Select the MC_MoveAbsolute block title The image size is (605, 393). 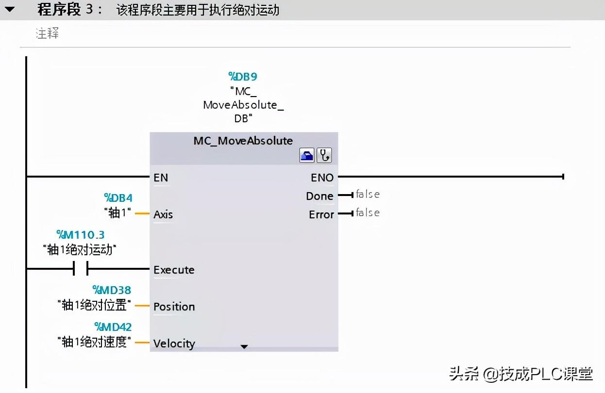click(x=243, y=141)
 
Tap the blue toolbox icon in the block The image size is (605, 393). click(x=307, y=156)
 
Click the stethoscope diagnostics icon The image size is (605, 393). click(x=324, y=156)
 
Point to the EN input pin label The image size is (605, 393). click(x=161, y=178)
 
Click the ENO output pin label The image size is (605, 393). click(x=322, y=178)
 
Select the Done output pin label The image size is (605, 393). click(x=319, y=196)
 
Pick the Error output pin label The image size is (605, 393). click(x=321, y=214)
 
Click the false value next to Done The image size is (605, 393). click(x=368, y=195)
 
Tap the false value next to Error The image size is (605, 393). click(x=368, y=213)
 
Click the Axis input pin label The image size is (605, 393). click(x=163, y=214)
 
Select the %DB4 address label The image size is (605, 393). click(x=118, y=198)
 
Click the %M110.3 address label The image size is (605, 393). click(x=80, y=235)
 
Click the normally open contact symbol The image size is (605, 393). click(x=81, y=268)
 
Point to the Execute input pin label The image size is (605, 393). click(x=174, y=270)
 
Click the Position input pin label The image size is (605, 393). click(x=174, y=307)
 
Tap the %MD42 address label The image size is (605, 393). click(x=113, y=327)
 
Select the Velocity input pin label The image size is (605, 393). click(x=174, y=344)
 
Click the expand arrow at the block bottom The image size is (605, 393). click(x=244, y=346)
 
